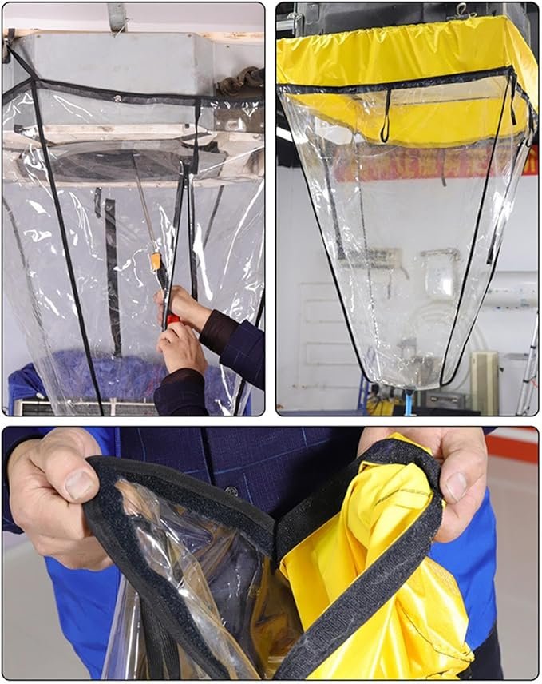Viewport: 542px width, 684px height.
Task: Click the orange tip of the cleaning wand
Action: [156, 260]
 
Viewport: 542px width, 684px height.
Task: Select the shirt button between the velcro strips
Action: [232, 491]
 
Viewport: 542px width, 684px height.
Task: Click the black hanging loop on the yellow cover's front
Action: [386, 117]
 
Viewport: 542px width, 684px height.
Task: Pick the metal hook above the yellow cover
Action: [462, 11]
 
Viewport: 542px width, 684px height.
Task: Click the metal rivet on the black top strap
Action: [117, 99]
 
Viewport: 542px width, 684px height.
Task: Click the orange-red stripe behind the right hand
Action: [511, 444]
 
